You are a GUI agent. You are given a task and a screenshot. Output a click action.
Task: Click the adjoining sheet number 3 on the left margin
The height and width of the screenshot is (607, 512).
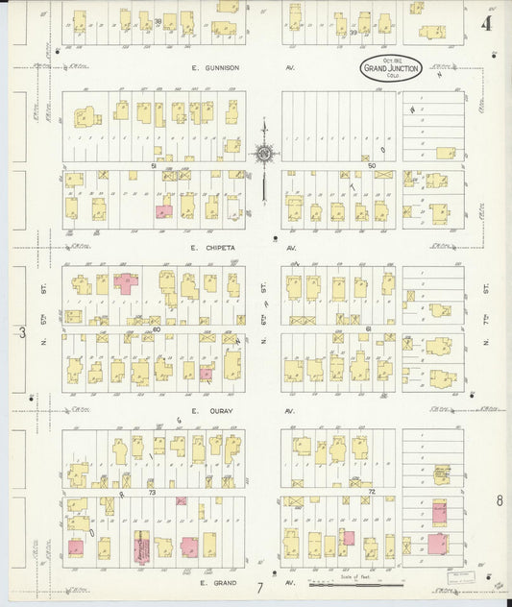pyautogui.click(x=21, y=332)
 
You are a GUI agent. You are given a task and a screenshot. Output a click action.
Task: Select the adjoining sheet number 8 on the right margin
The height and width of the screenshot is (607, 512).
pyautogui.click(x=500, y=500)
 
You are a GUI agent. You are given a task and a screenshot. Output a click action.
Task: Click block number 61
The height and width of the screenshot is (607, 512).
pyautogui.click(x=368, y=328)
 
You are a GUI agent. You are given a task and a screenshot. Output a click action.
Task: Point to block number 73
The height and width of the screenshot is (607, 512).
pyautogui.click(x=153, y=492)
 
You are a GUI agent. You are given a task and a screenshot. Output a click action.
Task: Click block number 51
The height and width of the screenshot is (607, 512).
pyautogui.click(x=153, y=166)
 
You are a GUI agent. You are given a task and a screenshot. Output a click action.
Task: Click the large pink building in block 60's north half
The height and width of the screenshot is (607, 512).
pyautogui.click(x=126, y=283)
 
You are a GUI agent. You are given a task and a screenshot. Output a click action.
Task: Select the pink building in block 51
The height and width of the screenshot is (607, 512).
pyautogui.click(x=164, y=209)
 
